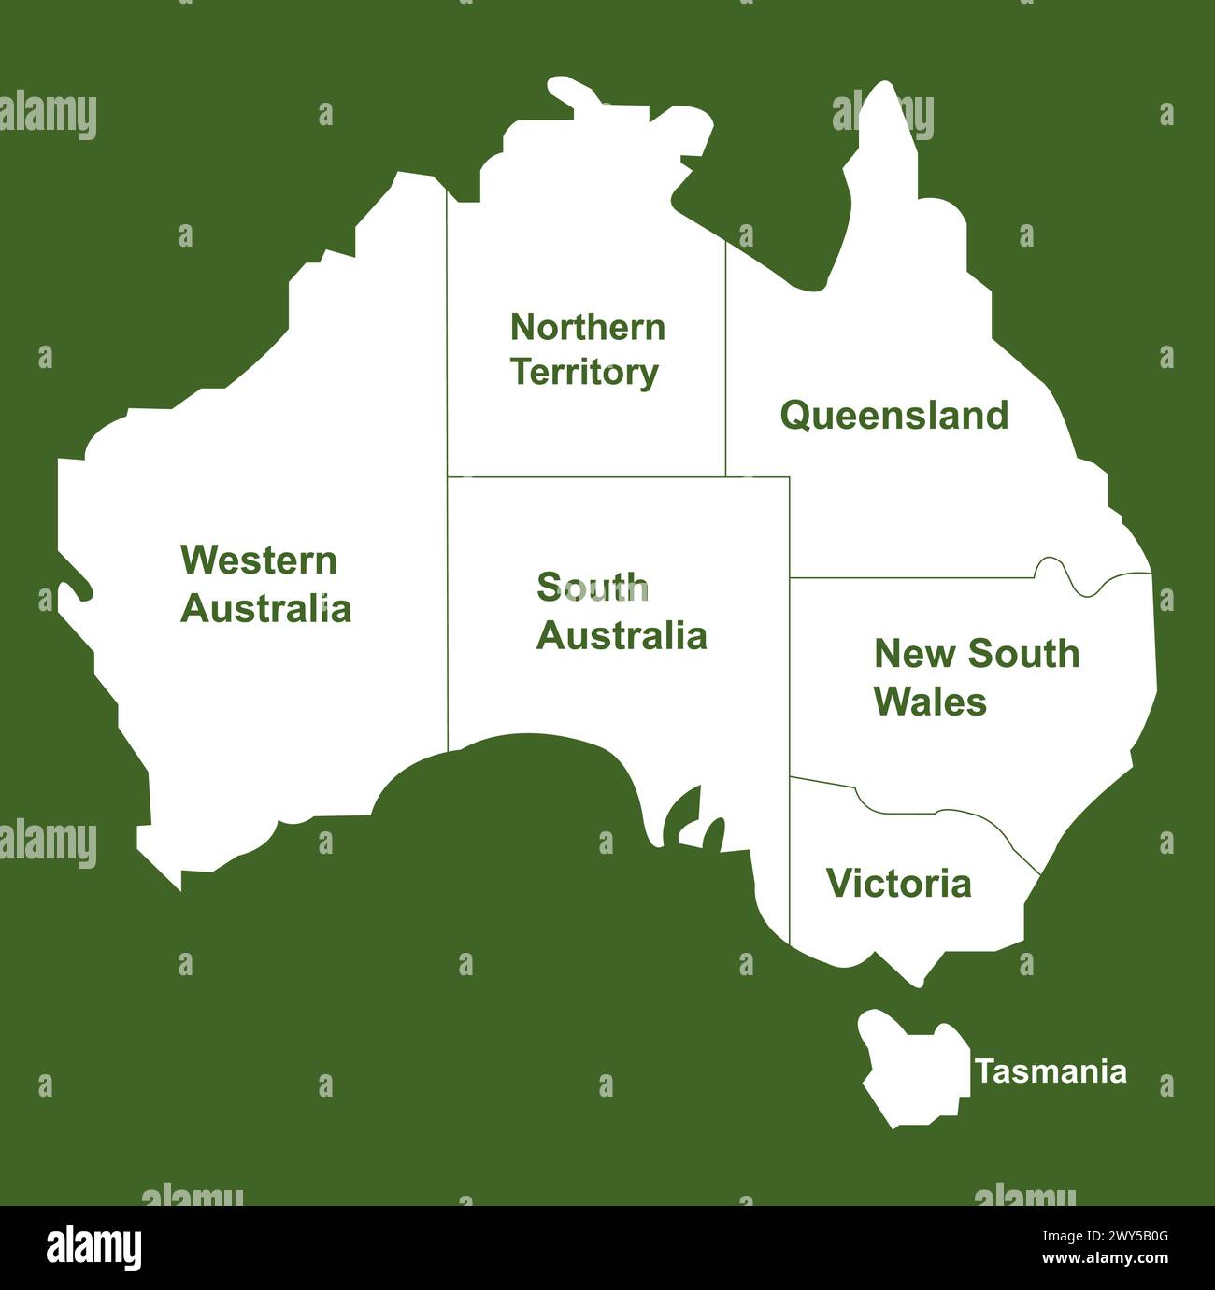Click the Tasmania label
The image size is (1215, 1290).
[1051, 1071]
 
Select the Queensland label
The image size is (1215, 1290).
[894, 416]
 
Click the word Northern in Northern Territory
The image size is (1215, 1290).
[588, 327]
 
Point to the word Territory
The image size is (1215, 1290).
[584, 372]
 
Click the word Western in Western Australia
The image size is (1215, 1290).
[258, 560]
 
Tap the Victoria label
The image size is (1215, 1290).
[898, 883]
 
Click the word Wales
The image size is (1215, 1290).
[930, 702]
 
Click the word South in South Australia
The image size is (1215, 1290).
[592, 588]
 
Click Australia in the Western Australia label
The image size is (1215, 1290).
[265, 609]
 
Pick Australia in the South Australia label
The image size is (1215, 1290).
[621, 636]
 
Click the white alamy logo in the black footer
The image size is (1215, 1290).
[94, 1248]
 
